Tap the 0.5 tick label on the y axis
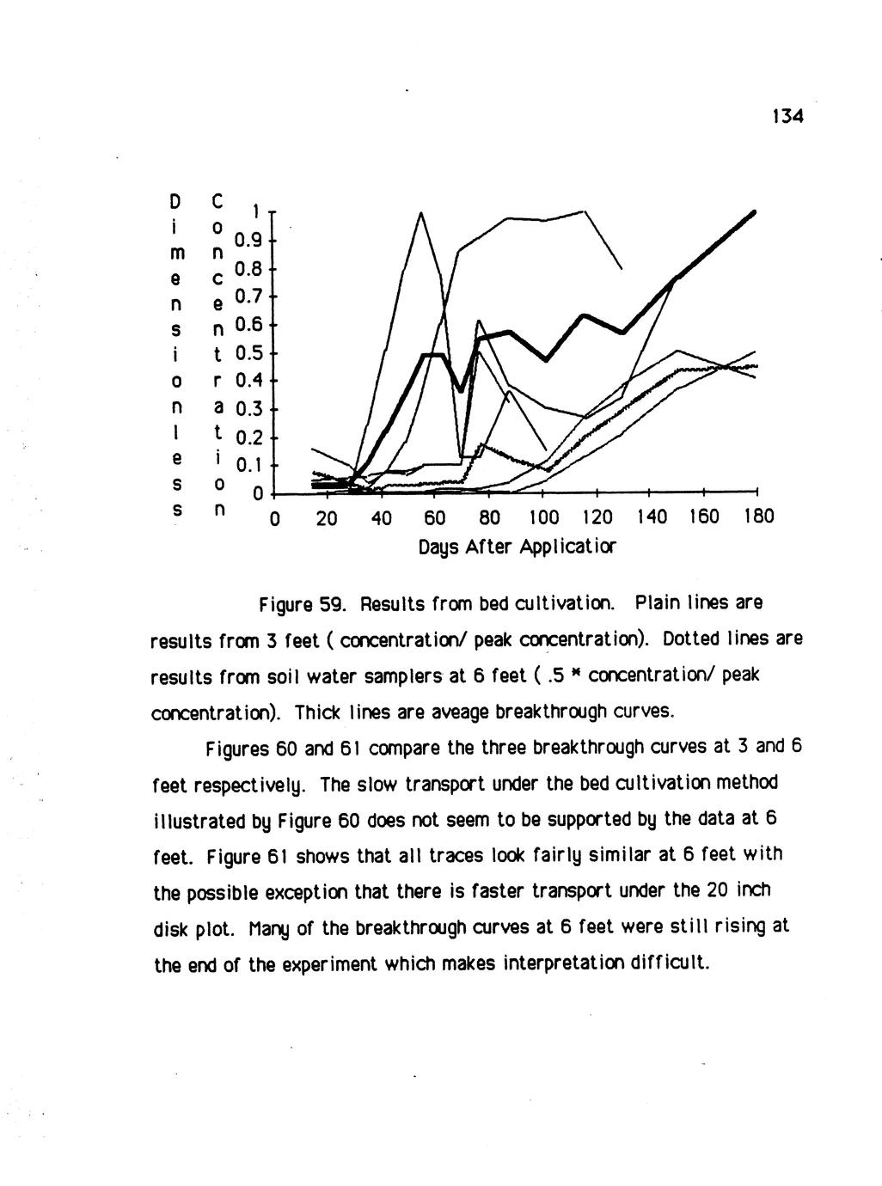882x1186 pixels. (248, 353)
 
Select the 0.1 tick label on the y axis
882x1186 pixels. (248, 466)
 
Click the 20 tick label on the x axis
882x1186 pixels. (327, 517)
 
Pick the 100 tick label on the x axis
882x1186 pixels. (541, 517)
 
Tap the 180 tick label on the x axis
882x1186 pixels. (757, 517)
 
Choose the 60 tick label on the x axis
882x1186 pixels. (435, 517)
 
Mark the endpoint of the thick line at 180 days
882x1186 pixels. (754, 211)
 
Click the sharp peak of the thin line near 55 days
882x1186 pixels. (421, 212)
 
